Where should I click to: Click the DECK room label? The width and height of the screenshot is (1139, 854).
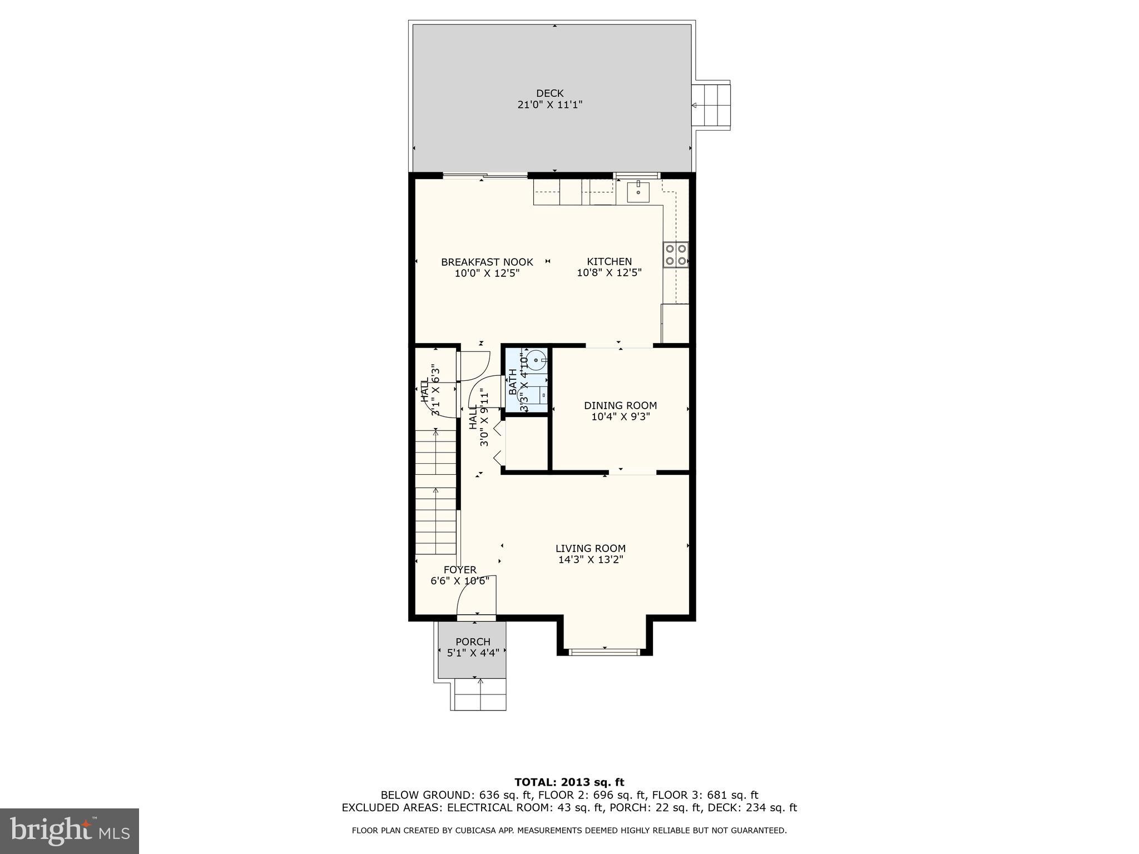click(x=549, y=93)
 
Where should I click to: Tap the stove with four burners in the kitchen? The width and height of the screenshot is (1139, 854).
click(x=675, y=255)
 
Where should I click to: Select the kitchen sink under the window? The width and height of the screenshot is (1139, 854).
click(x=638, y=192)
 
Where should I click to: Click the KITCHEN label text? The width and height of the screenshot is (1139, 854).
click(x=609, y=261)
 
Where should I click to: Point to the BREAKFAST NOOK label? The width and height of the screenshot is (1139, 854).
click(x=487, y=262)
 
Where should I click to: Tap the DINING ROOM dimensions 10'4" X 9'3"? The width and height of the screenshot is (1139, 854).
click(x=620, y=416)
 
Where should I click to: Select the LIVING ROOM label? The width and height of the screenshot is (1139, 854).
click(x=590, y=548)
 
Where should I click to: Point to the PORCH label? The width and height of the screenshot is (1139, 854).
click(x=473, y=642)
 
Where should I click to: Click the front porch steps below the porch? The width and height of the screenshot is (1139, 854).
click(x=480, y=694)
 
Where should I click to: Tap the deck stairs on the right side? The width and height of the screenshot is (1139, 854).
click(x=710, y=105)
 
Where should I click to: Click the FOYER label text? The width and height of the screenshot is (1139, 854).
click(x=460, y=570)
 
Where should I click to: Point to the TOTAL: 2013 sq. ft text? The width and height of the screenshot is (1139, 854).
click(x=569, y=782)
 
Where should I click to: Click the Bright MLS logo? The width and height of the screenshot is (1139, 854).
click(x=69, y=831)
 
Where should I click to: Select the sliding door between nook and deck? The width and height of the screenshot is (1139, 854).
click(x=485, y=176)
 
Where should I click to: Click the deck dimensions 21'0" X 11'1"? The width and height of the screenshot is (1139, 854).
click(x=549, y=105)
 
